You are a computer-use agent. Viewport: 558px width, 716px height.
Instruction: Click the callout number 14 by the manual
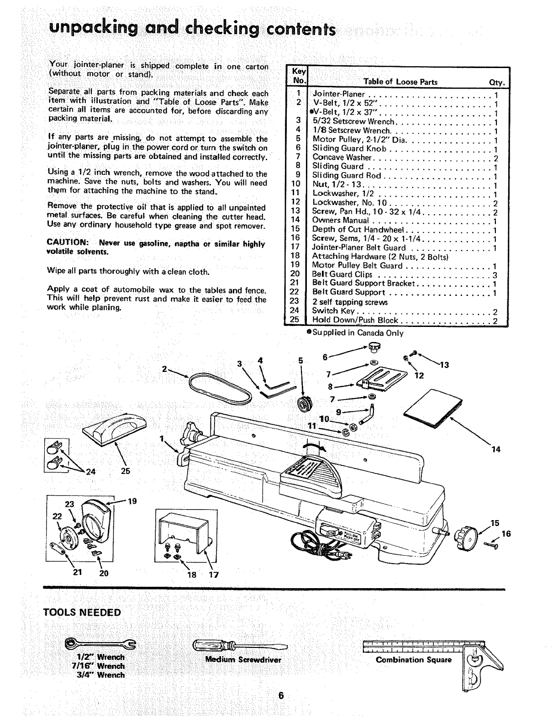point(496,450)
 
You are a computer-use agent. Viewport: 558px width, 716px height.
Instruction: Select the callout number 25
point(126,471)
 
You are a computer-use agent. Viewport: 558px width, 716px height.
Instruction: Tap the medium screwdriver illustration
point(240,646)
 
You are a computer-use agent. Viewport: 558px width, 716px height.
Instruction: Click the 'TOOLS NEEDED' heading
point(82,612)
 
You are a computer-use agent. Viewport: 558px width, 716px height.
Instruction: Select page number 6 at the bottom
point(280,696)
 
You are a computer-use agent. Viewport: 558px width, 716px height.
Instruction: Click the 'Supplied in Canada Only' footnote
point(355,333)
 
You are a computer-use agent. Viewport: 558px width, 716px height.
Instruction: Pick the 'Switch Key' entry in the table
point(330,311)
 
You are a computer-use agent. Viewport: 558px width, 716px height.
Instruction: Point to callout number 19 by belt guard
point(132,501)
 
